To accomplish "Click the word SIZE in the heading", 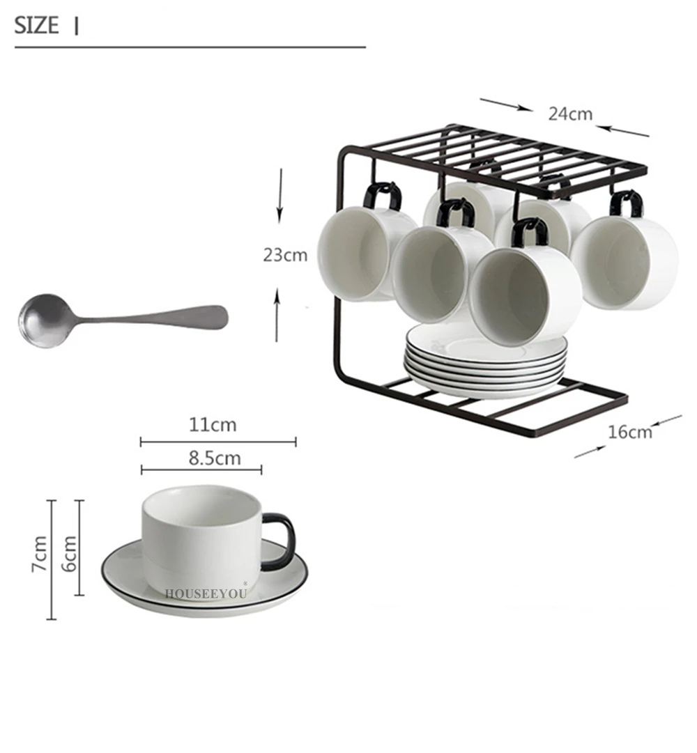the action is coord(36,26).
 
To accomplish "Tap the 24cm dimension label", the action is coord(570,114).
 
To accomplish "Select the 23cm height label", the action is coord(285,255).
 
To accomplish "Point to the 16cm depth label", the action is coord(630,432).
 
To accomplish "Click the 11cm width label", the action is coord(213,425).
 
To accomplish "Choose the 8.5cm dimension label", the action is coord(214,458).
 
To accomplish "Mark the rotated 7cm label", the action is coord(40,554).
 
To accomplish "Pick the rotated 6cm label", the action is coord(69,554).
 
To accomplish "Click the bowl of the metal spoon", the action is coord(45,320).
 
